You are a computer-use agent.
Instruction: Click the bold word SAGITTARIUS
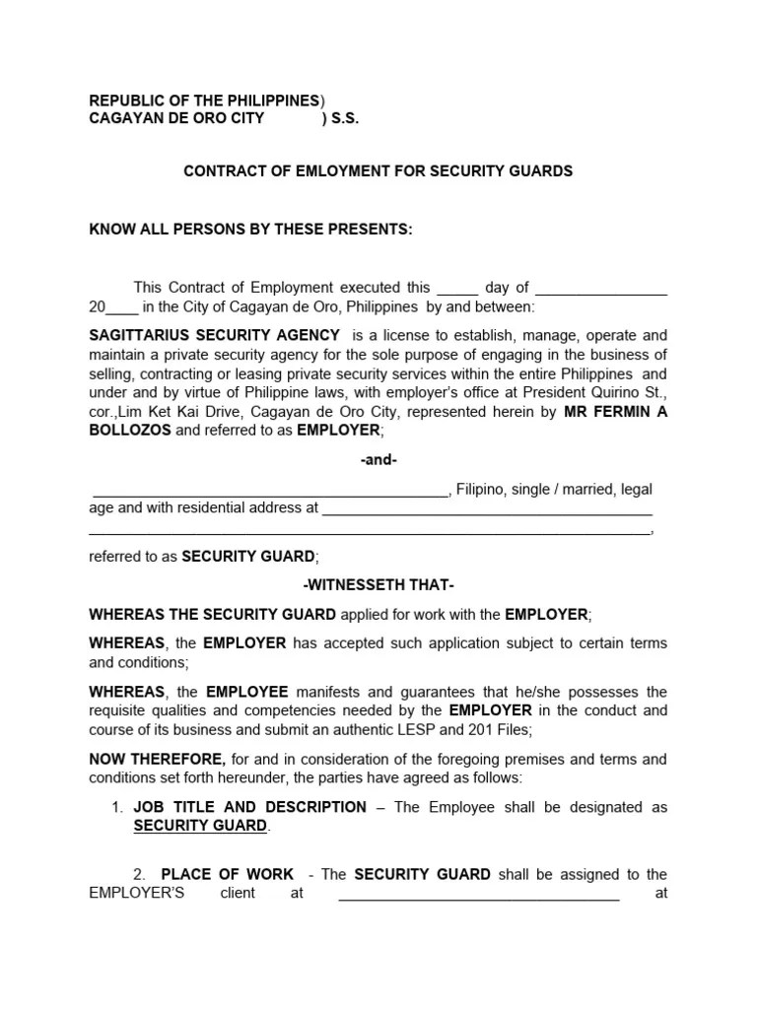coord(135,335)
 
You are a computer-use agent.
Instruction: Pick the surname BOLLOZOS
coord(129,431)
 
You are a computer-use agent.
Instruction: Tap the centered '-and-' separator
coord(378,460)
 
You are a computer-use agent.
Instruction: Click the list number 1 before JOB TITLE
coord(116,807)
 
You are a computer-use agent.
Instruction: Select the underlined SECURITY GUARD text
coord(200,826)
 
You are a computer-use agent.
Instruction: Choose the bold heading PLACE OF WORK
coord(228,874)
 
